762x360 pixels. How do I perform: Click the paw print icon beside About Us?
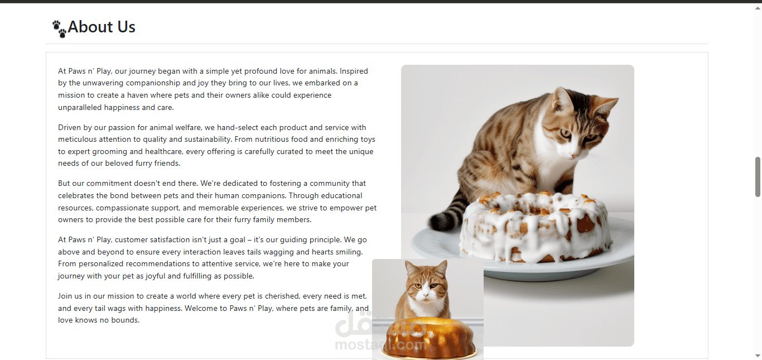tap(59, 29)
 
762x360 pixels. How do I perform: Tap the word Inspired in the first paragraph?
tap(354, 71)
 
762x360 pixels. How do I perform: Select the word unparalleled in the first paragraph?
tap(80, 108)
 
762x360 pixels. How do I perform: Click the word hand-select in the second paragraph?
tap(238, 128)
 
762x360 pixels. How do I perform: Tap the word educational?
tap(341, 196)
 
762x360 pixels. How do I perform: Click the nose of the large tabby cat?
tap(575, 156)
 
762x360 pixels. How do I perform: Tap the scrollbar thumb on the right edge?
tap(758, 177)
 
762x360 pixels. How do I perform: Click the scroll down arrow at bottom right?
tap(758, 356)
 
